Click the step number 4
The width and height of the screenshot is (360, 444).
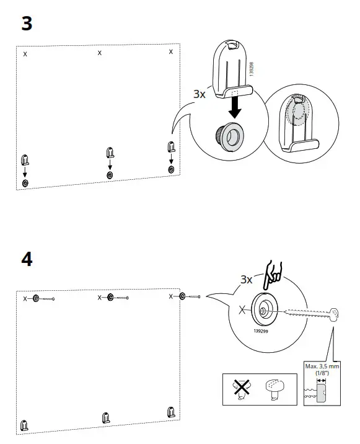(x=27, y=259)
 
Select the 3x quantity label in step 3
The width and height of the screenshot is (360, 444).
(x=199, y=94)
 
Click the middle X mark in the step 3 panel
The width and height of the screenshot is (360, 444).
(x=100, y=53)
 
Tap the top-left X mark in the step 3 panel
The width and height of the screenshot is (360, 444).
(x=25, y=55)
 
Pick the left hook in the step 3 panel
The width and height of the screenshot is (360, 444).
(x=25, y=159)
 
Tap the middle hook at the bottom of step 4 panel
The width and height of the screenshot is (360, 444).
(x=105, y=417)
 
